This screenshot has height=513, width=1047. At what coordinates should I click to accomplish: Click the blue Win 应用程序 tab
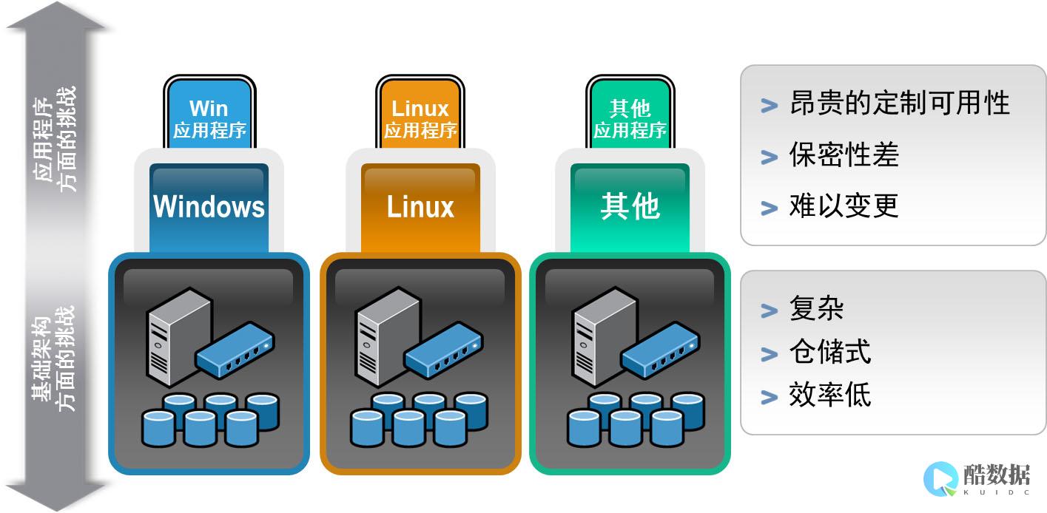pyautogui.click(x=209, y=118)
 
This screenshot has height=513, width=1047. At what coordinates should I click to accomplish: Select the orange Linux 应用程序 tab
pyautogui.click(x=420, y=118)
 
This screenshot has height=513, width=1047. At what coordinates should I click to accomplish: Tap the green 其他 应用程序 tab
pyautogui.click(x=630, y=118)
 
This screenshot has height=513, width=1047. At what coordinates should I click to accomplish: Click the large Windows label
pyautogui.click(x=209, y=206)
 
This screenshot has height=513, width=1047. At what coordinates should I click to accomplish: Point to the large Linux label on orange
pyautogui.click(x=420, y=206)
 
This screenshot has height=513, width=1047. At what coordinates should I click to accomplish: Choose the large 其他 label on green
pyautogui.click(x=630, y=206)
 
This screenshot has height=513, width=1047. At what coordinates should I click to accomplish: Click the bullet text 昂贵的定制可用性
pyautogui.click(x=899, y=103)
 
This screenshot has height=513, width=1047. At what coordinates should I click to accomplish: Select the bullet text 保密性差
pyautogui.click(x=844, y=154)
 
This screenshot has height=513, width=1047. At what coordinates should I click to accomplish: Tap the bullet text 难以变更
pyautogui.click(x=844, y=205)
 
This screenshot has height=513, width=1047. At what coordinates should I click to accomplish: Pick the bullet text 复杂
pyautogui.click(x=816, y=308)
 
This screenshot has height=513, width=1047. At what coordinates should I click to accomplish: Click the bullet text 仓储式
pyautogui.click(x=829, y=352)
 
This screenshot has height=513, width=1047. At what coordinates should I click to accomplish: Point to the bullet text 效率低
pyautogui.click(x=829, y=395)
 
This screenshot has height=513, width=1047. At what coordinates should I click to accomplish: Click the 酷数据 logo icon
pyautogui.click(x=940, y=478)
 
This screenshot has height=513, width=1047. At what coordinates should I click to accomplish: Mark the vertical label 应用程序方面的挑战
pyautogui.click(x=55, y=140)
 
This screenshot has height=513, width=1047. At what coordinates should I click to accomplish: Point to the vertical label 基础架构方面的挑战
pyautogui.click(x=55, y=359)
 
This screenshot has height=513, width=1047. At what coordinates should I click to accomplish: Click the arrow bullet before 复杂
pyautogui.click(x=770, y=310)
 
